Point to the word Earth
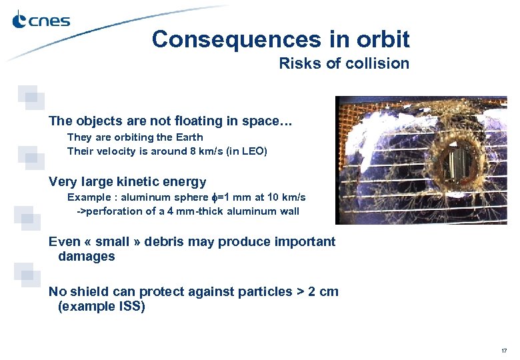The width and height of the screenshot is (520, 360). coord(190,137)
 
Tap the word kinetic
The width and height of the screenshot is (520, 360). coord(133,181)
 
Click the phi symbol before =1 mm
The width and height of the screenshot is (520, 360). coord(214,198)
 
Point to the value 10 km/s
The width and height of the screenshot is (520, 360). coord(283,197)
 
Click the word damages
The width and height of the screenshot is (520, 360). coord(86,257)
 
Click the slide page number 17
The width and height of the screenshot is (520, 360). coord(504,351)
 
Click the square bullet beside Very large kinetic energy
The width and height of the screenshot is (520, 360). coord(28,155)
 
